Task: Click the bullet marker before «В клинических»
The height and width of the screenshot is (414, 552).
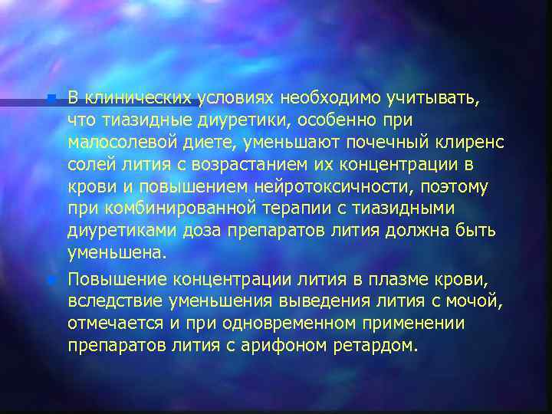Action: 51,100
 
